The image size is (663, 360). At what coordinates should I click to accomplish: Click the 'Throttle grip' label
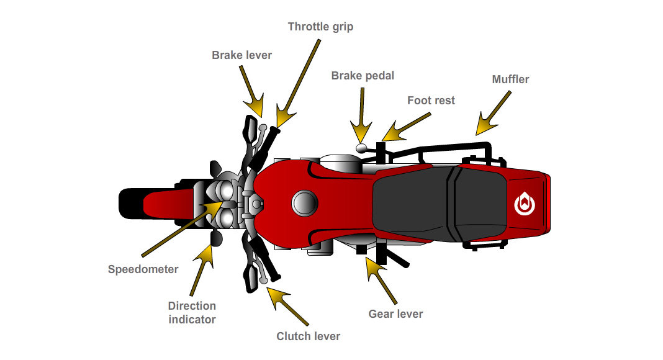[320, 27]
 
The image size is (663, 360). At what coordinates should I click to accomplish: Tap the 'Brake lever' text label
[241, 55]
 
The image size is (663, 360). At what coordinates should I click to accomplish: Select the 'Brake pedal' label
[363, 76]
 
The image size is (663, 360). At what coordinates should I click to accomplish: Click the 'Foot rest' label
[431, 100]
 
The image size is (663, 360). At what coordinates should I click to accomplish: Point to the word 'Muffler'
[510, 79]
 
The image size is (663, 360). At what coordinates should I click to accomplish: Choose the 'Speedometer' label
[143, 269]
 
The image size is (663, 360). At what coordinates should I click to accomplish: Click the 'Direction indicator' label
[192, 313]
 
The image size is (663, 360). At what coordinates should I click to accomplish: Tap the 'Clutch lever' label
[308, 336]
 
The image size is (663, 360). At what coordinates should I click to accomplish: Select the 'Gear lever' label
[395, 314]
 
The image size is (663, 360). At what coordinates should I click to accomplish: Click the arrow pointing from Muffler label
[494, 112]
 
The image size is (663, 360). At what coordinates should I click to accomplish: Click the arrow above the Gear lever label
[381, 280]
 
